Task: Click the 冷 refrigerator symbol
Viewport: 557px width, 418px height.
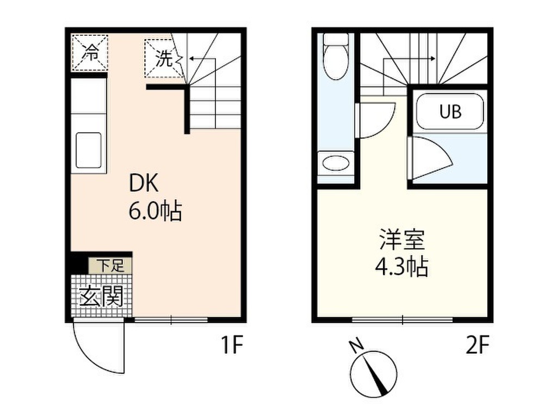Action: point(90,53)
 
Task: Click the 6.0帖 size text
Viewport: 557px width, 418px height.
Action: point(154,211)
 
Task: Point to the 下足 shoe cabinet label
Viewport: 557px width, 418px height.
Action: point(110,266)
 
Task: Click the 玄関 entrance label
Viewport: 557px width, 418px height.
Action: point(101,297)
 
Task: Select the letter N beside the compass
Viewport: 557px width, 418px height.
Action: point(356,345)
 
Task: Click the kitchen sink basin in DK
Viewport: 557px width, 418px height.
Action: point(89,150)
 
